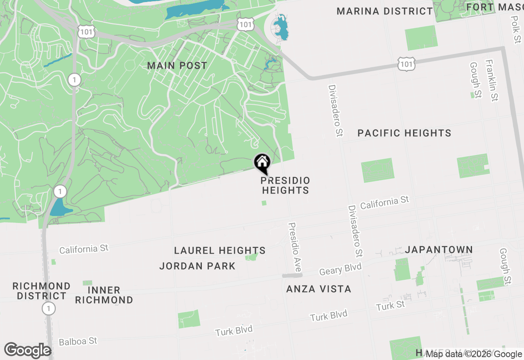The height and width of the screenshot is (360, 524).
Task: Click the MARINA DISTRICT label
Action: (384, 11)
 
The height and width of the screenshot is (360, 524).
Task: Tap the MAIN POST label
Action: (177, 65)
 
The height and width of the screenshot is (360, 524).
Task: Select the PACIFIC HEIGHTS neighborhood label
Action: (404, 133)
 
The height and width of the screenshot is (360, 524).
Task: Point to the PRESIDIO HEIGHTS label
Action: (285, 185)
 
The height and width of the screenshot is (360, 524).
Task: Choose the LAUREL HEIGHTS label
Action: (220, 250)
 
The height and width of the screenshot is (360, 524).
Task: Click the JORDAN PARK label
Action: (197, 266)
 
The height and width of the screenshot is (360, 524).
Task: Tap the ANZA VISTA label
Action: (318, 289)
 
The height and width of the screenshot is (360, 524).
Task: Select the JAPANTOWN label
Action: (439, 250)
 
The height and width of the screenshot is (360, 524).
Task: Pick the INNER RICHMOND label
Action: (104, 295)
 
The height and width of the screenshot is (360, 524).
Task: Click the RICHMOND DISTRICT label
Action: (41, 290)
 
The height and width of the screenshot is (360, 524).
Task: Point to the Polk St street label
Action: (517, 29)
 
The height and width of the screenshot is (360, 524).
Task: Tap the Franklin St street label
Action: (492, 80)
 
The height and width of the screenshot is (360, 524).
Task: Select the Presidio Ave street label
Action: (295, 247)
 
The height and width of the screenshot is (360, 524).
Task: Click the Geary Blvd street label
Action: (340, 269)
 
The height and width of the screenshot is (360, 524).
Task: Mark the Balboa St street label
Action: (78, 341)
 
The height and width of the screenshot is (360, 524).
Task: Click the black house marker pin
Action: (262, 163)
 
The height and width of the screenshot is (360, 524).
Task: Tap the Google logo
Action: (27, 351)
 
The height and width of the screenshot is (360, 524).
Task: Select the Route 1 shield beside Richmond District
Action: (49, 308)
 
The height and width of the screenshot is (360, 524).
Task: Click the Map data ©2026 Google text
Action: (474, 354)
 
